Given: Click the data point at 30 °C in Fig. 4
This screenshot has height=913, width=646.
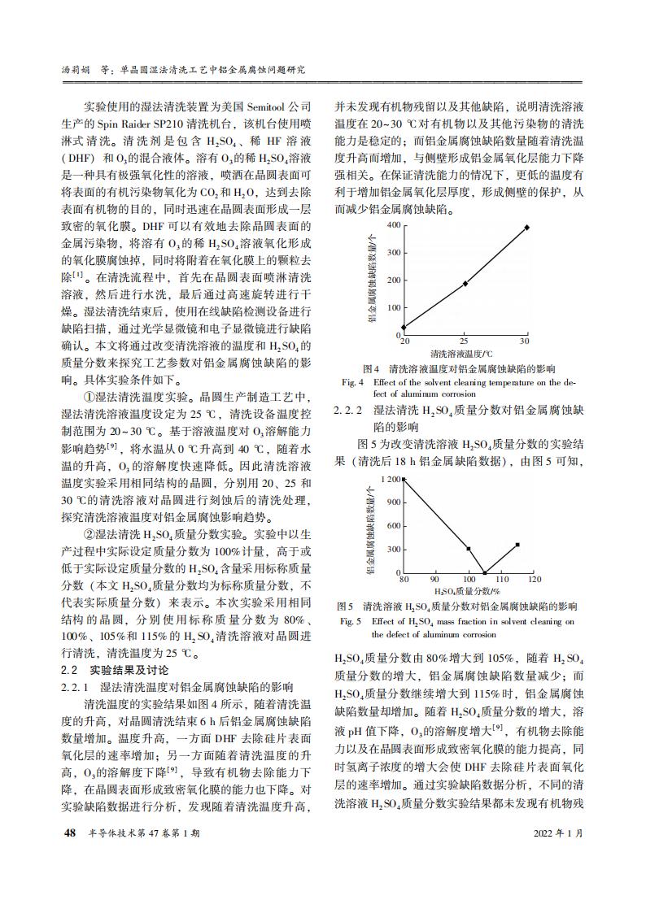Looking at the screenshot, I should pos(526,228).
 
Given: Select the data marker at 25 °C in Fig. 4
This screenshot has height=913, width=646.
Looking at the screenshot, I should pos(465,284).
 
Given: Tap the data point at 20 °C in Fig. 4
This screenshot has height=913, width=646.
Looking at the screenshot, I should pos(404,328).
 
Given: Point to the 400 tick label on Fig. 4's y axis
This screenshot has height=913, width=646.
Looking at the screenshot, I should pos(393,224).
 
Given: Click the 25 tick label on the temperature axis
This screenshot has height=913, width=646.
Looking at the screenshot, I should pos(465,341).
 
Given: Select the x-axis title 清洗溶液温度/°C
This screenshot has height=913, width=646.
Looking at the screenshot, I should pos(462,354).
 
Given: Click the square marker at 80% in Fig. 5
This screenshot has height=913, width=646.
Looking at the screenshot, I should pos(404,480).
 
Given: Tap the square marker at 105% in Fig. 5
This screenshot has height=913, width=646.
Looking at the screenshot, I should pos(486,572).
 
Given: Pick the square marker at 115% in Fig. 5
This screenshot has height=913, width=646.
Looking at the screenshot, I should pos(517,545).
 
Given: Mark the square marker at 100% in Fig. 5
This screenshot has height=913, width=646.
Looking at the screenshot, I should pos(469,549).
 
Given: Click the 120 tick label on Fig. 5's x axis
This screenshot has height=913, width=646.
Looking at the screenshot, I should pos(534,580).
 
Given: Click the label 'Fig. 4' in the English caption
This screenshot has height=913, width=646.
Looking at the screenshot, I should pos(351,381).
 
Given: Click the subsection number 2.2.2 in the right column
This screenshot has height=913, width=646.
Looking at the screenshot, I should pos(350,411).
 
